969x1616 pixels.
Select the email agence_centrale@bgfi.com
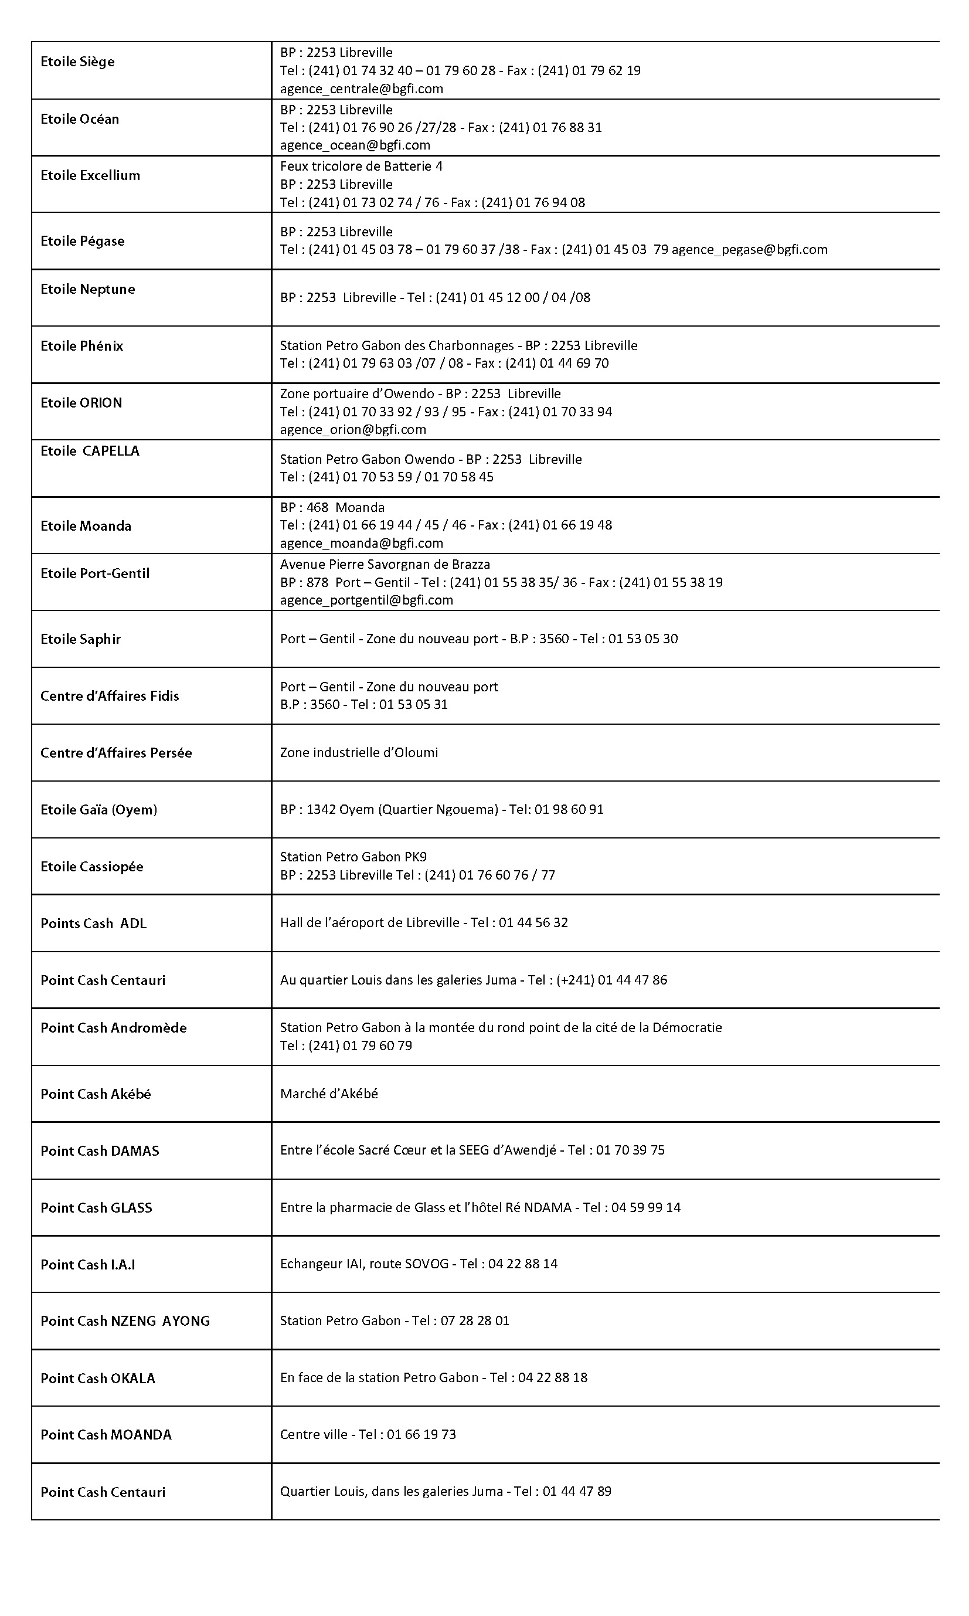(361, 89)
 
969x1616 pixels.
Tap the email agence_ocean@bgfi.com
(355, 145)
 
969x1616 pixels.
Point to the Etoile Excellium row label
(90, 175)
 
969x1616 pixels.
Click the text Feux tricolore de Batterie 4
(361, 166)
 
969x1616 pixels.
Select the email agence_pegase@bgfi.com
(750, 249)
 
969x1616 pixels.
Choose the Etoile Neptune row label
(87, 288)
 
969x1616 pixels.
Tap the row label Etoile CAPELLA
(90, 450)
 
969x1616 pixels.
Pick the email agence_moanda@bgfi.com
(361, 543)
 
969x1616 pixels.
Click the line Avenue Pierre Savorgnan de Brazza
(385, 564)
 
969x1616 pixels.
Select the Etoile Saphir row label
(80, 639)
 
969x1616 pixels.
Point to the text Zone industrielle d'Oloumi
(359, 752)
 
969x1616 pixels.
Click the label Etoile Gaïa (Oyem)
(98, 810)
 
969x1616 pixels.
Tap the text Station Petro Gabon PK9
(353, 857)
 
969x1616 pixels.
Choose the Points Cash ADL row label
(93, 924)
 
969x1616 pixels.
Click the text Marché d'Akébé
(328, 1094)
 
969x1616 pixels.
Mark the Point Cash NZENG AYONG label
(125, 1321)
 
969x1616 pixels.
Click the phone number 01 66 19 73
(421, 1434)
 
